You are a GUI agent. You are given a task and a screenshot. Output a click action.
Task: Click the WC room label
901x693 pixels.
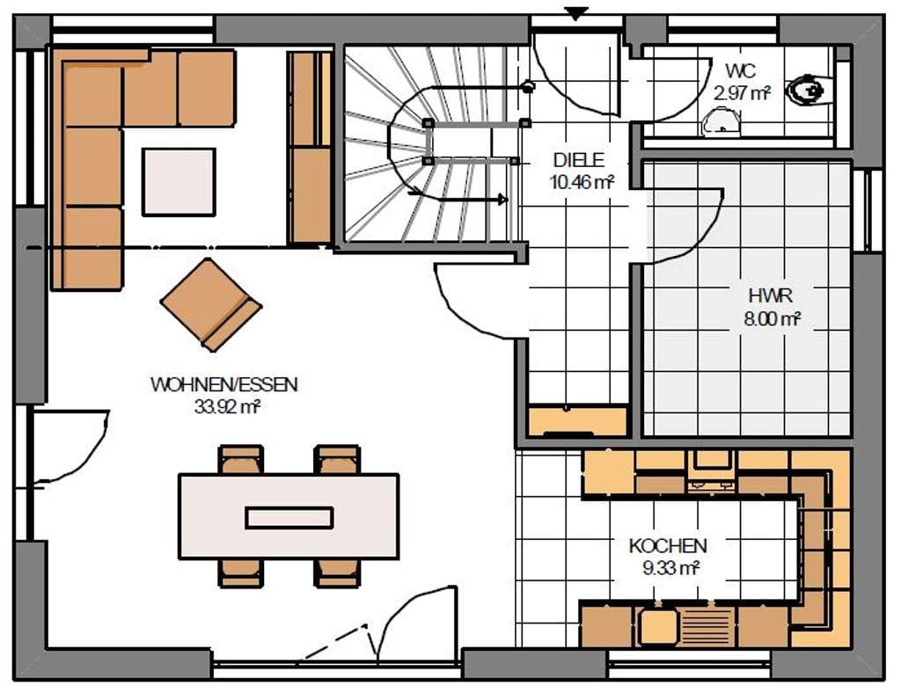pyautogui.click(x=741, y=71)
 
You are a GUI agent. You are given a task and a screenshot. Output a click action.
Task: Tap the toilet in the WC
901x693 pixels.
pyautogui.click(x=810, y=90)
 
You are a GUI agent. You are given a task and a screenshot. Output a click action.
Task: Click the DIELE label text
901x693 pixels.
pyautogui.click(x=579, y=159)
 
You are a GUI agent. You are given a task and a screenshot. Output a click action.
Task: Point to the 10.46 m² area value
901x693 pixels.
pyautogui.click(x=582, y=183)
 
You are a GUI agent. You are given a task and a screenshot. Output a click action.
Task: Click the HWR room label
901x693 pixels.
pyautogui.click(x=771, y=295)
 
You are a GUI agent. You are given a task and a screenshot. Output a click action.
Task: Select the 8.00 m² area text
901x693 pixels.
pyautogui.click(x=773, y=318)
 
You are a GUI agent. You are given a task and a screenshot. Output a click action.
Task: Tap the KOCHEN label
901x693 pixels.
pyautogui.click(x=668, y=545)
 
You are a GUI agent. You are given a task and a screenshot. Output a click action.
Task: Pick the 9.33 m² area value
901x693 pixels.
pyautogui.click(x=670, y=568)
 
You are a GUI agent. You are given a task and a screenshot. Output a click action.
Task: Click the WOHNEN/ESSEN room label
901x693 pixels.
pyautogui.click(x=224, y=384)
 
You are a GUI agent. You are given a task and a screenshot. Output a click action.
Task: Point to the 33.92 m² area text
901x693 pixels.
pyautogui.click(x=228, y=406)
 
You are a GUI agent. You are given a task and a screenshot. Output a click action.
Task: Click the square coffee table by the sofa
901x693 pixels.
pyautogui.click(x=179, y=182)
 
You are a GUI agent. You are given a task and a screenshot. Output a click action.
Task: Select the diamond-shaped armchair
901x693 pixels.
pyautogui.click(x=211, y=304)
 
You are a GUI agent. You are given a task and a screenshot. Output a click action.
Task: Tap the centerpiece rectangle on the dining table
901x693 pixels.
pyautogui.click(x=289, y=518)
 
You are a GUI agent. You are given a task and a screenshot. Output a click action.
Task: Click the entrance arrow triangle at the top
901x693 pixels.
pyautogui.click(x=575, y=12)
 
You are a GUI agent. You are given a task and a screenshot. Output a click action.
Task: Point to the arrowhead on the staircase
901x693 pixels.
pyautogui.click(x=502, y=200)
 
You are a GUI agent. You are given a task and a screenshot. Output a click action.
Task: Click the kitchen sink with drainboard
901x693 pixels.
pyautogui.click(x=685, y=626)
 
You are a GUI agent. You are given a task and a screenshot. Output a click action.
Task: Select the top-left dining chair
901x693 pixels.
pyautogui.click(x=241, y=459)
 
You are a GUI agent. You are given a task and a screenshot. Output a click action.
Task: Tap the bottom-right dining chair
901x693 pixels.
pyautogui.click(x=338, y=573)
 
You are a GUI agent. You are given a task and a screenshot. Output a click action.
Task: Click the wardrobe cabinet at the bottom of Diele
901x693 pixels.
pyautogui.click(x=577, y=421)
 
